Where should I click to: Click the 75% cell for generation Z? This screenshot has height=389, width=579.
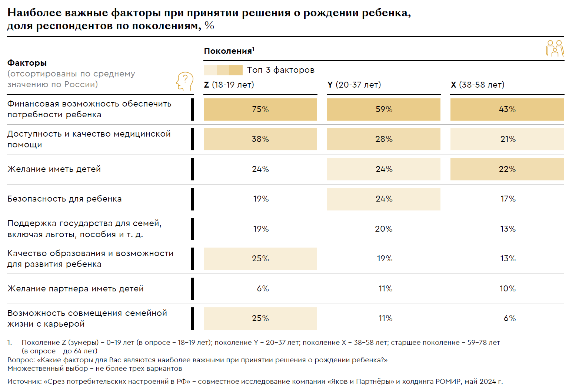coord(260,109)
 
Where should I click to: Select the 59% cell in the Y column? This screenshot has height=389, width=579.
coord(384,109)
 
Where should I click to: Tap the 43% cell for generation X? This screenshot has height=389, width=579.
coord(507,109)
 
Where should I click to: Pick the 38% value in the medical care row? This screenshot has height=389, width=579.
coord(260,139)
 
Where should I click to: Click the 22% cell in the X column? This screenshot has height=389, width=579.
coord(507,169)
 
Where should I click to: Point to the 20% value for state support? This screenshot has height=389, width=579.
coord(384,229)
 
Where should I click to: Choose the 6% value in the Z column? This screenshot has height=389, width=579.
coord(263,289)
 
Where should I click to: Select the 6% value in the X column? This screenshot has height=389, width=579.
coord(509,318)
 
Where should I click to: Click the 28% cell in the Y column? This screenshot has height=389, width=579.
coord(384,139)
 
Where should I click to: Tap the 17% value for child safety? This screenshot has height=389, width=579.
coord(508,199)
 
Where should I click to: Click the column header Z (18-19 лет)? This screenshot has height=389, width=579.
coord(229,85)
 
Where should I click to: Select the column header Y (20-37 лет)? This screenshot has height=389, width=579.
coord(354,85)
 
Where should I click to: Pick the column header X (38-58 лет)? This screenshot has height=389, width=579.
coord(477,85)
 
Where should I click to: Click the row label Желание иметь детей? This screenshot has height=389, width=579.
coord(54,169)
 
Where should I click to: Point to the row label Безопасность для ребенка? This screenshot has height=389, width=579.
coord(64,199)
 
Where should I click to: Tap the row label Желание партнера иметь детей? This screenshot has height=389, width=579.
coord(76,289)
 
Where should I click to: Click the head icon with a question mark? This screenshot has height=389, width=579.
coord(184,81)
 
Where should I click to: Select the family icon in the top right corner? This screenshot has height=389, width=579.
coord(555,49)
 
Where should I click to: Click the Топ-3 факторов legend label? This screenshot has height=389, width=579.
coord(280,70)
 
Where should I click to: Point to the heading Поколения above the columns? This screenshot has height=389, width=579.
coord(229,51)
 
